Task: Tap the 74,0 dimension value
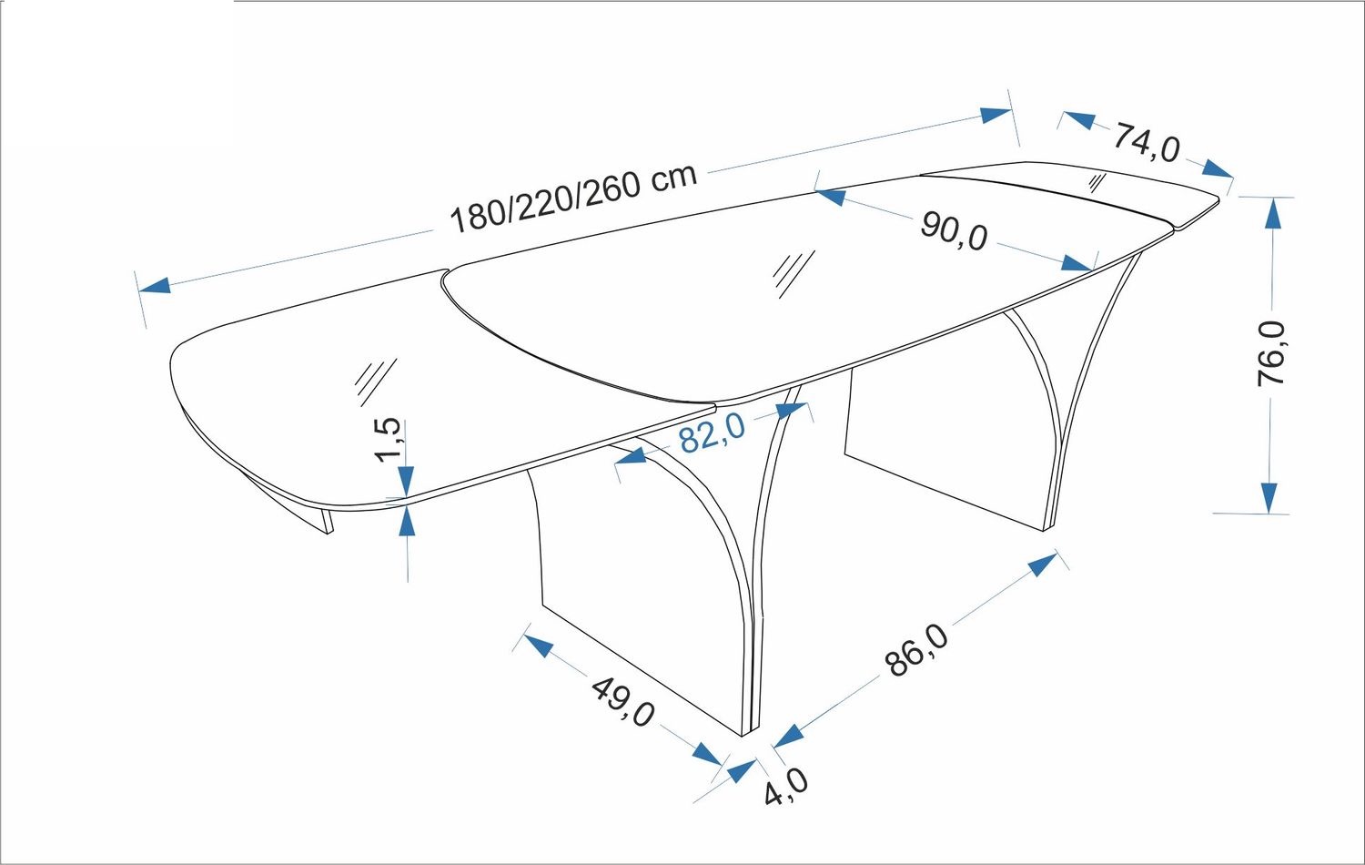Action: coord(1147,144)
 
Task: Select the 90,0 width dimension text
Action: coord(954,231)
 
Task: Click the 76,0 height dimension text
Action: coord(1271,353)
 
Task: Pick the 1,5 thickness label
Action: coord(388,440)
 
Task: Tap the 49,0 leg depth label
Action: coord(622,702)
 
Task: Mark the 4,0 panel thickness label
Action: coord(786,787)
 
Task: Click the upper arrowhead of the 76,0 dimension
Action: coord(1272,212)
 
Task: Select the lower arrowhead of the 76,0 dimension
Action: coord(1269,498)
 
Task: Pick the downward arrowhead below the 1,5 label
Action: coord(407,482)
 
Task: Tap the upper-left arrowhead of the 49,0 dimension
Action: coord(538,646)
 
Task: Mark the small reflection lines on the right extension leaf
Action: coord(1097,183)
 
